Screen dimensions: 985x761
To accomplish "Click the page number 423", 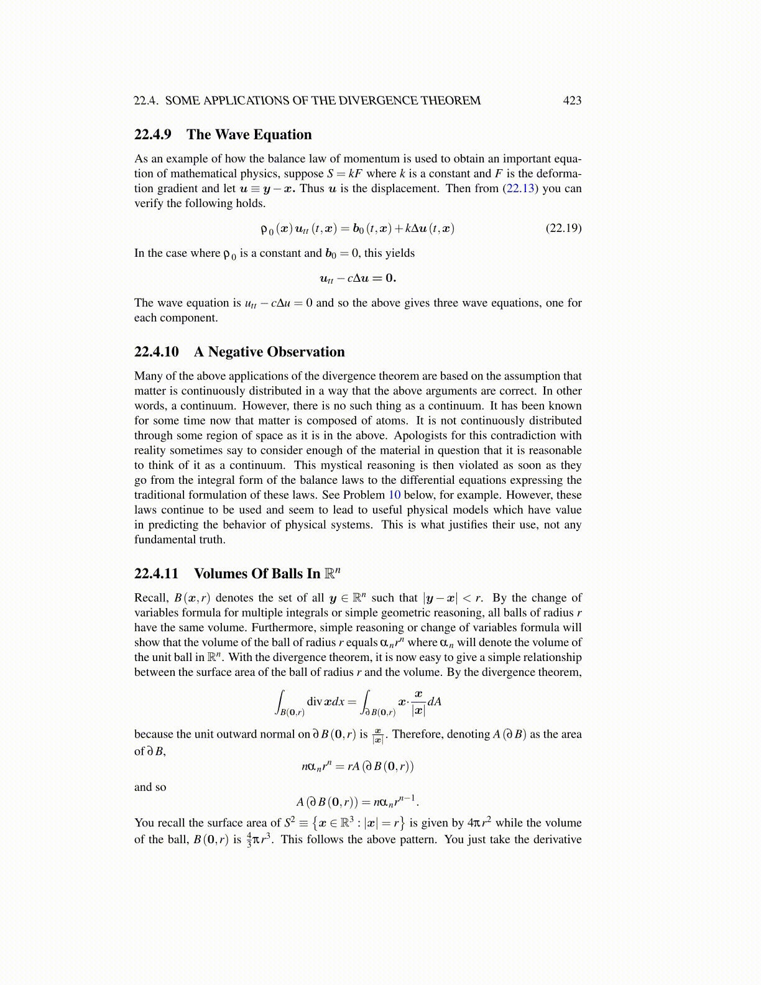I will click(x=572, y=101).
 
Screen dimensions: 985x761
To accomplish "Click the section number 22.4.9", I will click(x=153, y=135).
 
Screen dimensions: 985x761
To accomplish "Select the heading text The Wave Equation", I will click(x=249, y=135).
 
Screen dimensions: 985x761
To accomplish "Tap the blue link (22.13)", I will click(x=519, y=188).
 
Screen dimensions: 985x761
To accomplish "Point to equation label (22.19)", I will click(x=563, y=228).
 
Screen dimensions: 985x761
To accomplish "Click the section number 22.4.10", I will click(x=157, y=352).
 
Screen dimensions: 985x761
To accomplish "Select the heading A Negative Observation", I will click(x=269, y=352).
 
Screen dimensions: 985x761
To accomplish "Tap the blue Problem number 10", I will click(x=394, y=495).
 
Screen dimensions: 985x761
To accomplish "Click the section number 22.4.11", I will click(x=157, y=574).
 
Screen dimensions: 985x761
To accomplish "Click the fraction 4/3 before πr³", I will click(x=249, y=840).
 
